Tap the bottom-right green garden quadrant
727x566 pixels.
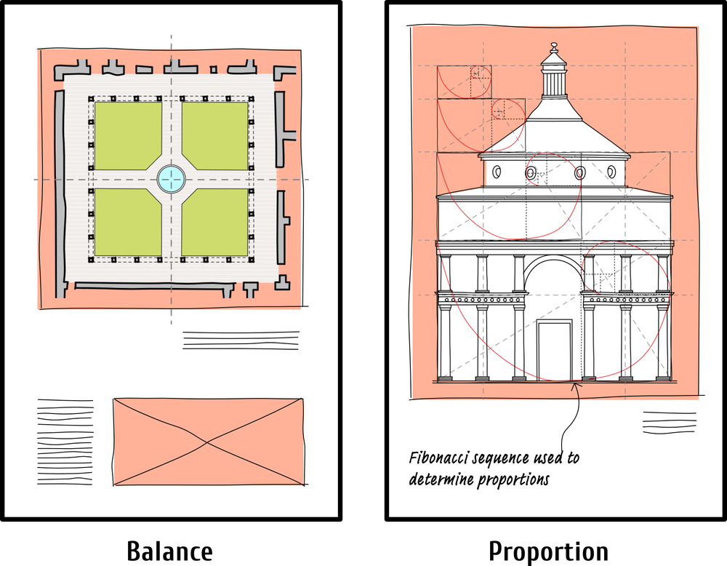[216, 221]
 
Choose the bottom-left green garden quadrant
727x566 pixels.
[126, 221]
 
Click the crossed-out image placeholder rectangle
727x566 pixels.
[209, 442]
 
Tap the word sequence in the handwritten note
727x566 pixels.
[498, 458]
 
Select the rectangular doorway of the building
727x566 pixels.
[554, 350]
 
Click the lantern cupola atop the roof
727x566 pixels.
[554, 73]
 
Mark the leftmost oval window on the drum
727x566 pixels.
[497, 172]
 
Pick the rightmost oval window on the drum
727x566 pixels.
[611, 172]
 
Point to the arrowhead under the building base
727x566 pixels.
[575, 386]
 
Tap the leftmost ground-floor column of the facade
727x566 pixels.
[445, 342]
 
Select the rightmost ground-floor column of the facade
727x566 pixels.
[662, 342]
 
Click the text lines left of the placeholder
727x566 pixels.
[65, 442]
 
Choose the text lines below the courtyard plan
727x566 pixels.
[241, 340]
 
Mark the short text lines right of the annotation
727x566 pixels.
[669, 423]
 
